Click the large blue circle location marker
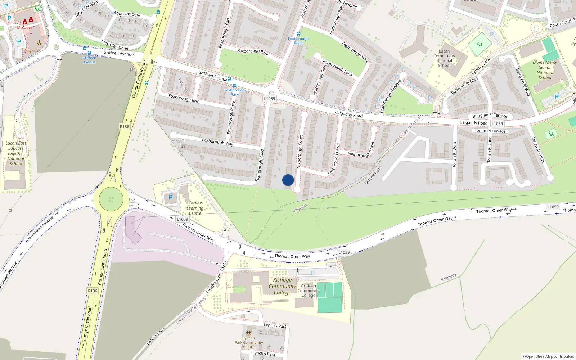coord(288,180)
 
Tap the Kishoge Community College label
coord(283,286)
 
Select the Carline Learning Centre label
coord(195,208)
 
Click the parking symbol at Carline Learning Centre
coord(171,197)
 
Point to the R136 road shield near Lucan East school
coord(124,127)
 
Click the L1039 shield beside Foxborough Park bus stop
coord(269,99)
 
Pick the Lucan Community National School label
coord(444,58)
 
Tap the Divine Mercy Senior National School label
coord(545,70)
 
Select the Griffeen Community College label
coord(309,291)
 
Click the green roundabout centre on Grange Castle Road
coord(111,199)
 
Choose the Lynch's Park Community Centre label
coord(249,342)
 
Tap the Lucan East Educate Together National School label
coord(16,153)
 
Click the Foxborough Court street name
coord(300,152)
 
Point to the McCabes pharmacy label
coord(24,28)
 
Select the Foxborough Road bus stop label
coord(298,41)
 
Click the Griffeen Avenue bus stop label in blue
coord(89,60)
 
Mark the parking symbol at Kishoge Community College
coord(312,273)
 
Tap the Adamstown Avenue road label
coord(39,229)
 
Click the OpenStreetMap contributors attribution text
coord(548,356)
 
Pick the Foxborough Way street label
coord(217,142)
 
